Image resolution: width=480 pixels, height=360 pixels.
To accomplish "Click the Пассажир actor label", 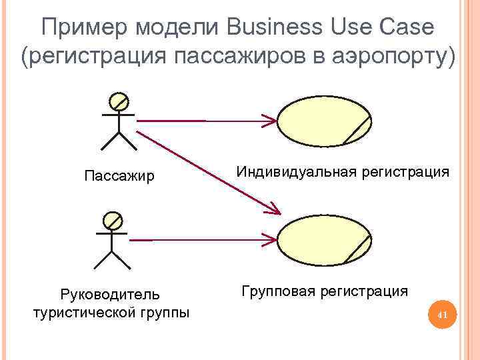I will (119, 177).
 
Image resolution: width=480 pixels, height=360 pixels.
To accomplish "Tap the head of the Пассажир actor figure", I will (119, 101).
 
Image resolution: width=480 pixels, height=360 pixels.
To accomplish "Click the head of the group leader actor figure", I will (112, 220).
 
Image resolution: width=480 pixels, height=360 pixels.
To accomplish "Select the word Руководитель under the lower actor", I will (110, 294).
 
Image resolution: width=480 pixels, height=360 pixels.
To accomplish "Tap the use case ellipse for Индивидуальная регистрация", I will (324, 121).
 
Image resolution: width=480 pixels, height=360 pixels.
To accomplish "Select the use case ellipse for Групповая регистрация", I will (324, 240).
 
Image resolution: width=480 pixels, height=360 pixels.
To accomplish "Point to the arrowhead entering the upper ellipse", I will (269, 121).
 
